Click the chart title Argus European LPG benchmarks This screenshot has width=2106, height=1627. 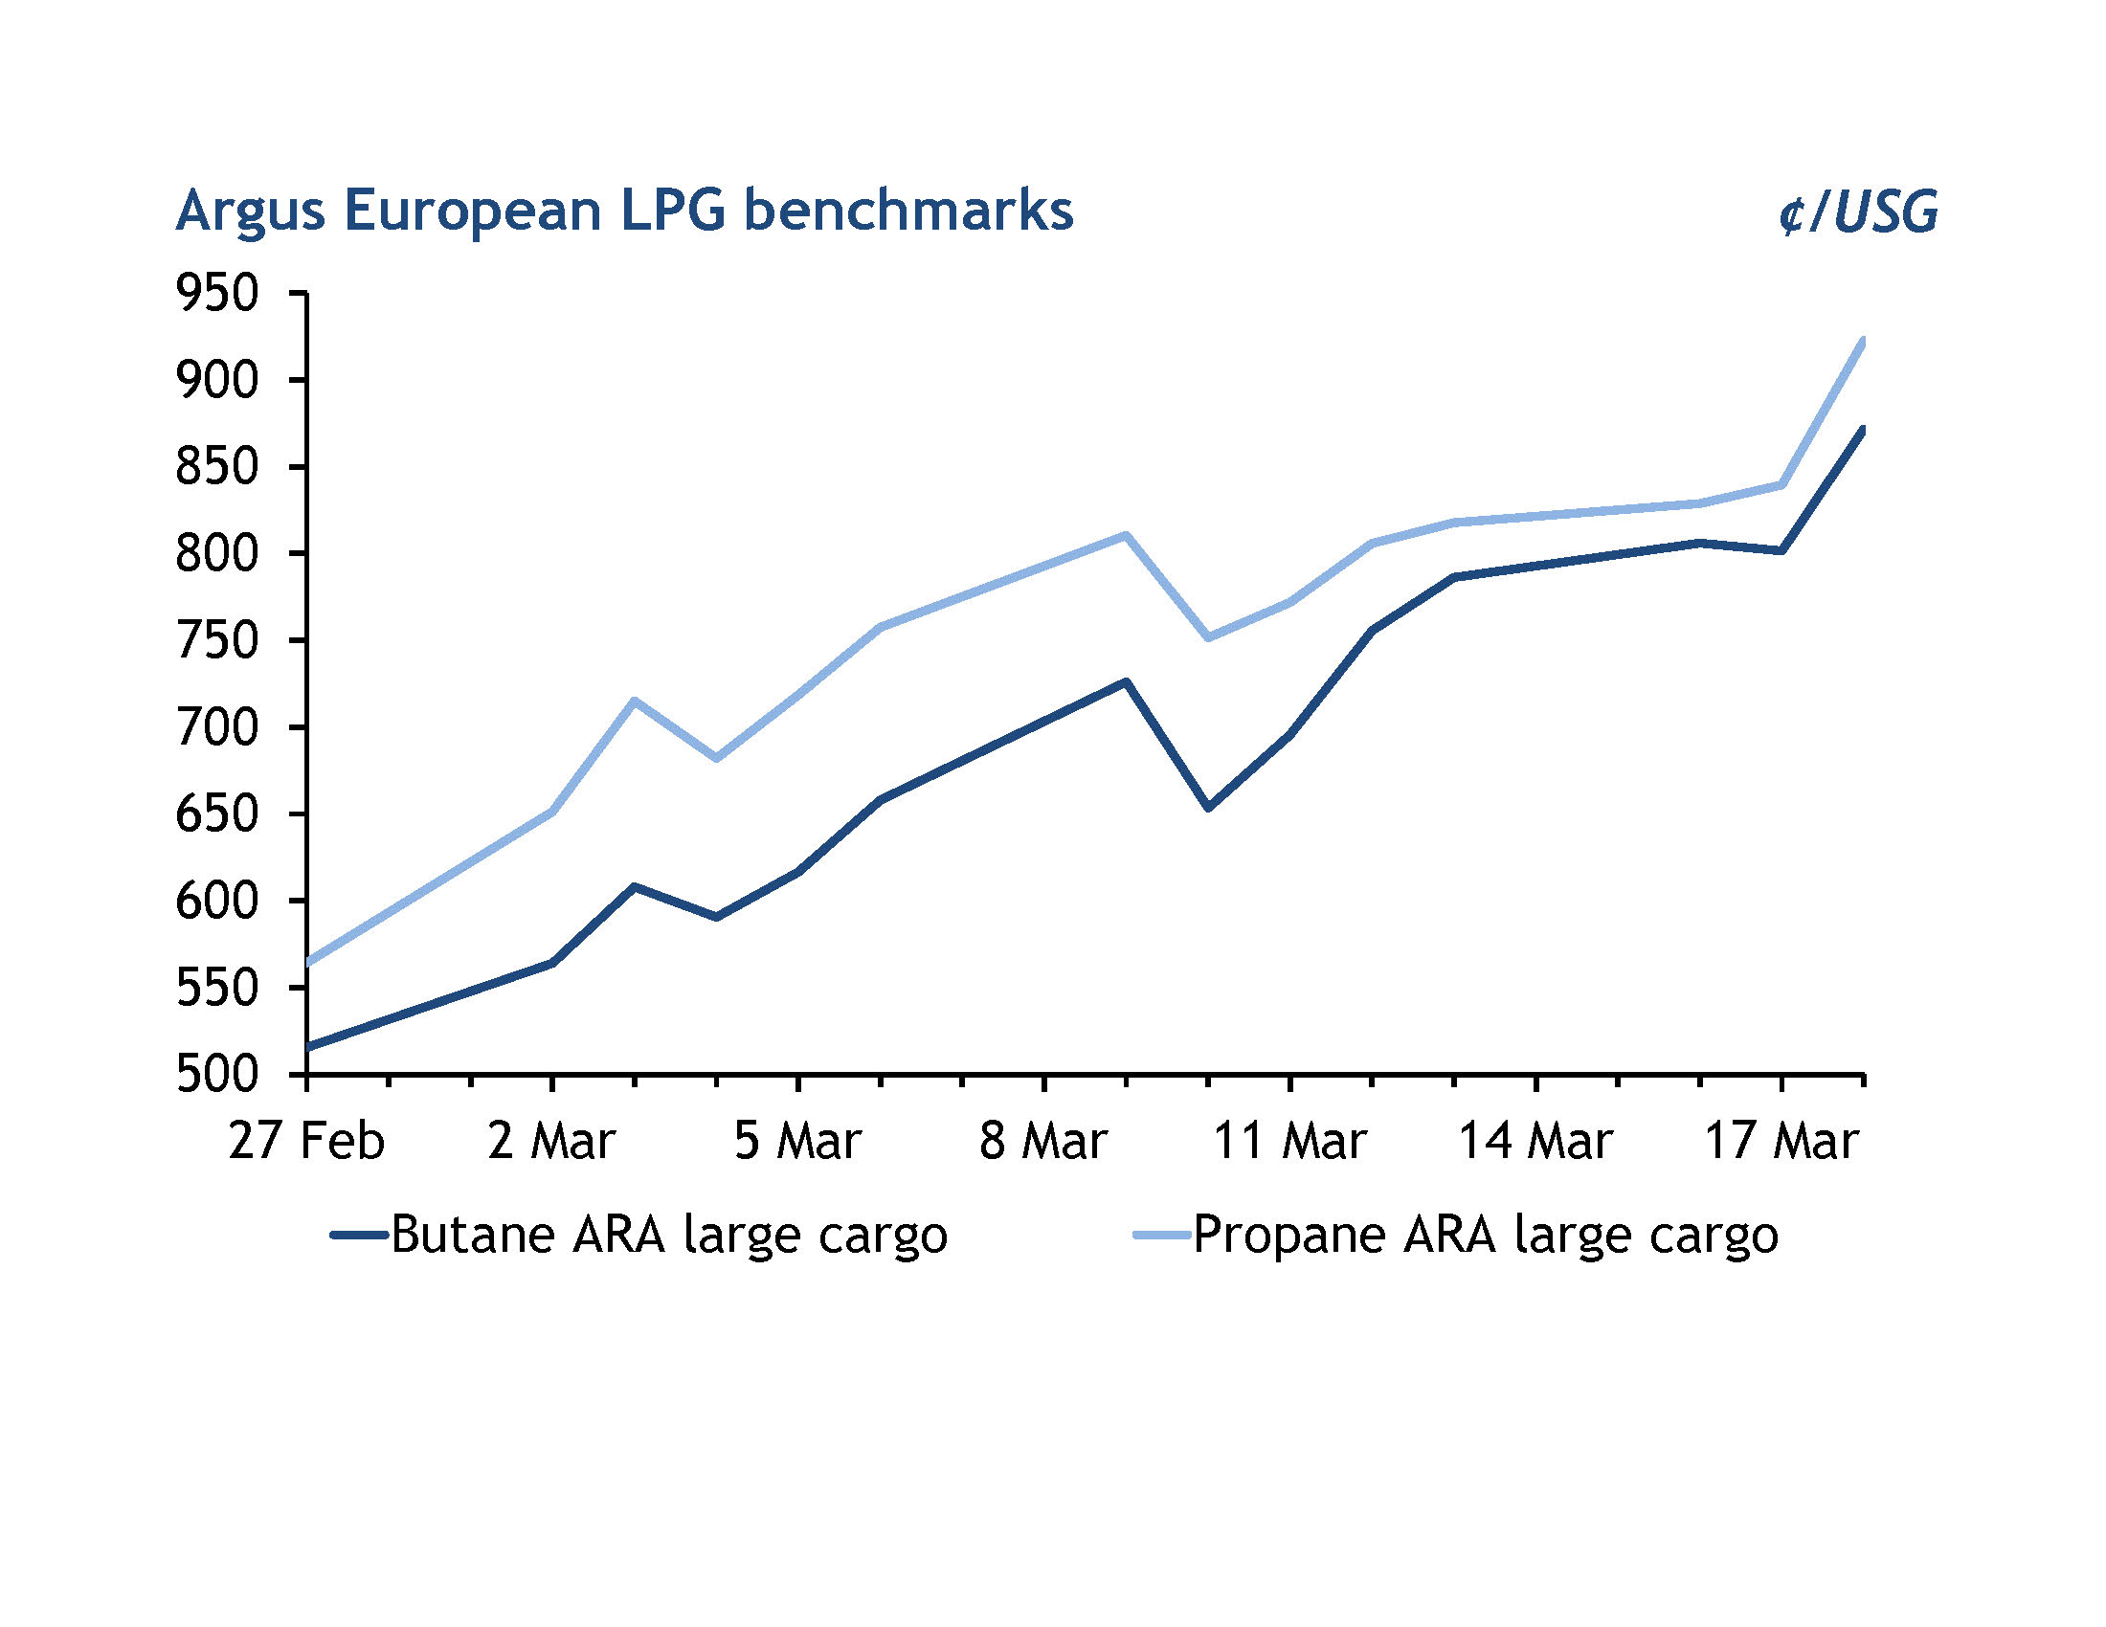click(624, 211)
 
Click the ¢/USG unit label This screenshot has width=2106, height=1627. click(1857, 212)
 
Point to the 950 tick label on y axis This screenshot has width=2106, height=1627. click(217, 293)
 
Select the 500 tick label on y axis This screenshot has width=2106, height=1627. click(217, 1074)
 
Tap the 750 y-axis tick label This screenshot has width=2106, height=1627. click(217, 640)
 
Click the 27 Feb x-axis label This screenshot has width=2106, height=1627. click(305, 1141)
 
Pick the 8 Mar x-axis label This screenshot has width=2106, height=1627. click(1043, 1141)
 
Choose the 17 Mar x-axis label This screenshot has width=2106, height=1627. click(1781, 1141)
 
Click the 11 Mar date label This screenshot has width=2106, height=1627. click(1289, 1141)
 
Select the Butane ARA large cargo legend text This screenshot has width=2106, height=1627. click(669, 1234)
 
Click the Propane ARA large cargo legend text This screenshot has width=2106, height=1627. click(1486, 1234)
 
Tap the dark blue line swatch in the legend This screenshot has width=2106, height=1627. click(359, 1234)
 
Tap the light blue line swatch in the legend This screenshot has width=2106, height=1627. click(1163, 1234)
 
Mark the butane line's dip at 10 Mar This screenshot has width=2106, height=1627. click(1208, 807)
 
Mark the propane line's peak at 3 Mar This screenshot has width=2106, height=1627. click(634, 701)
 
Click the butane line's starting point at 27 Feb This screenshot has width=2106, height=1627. click(307, 1047)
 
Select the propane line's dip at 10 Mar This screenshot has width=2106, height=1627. click(1208, 637)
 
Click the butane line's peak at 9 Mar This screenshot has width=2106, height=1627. click(1126, 682)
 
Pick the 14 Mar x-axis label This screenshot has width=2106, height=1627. click(1535, 1141)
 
